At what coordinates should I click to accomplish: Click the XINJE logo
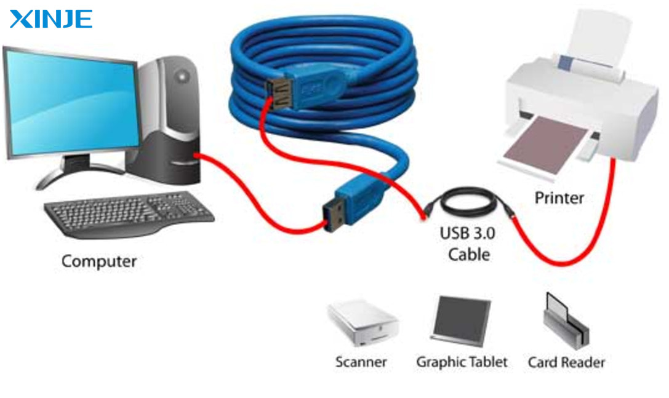click(x=51, y=18)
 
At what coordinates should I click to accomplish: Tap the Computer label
click(x=98, y=261)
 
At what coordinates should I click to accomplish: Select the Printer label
click(x=559, y=198)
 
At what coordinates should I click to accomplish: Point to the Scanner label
click(x=361, y=362)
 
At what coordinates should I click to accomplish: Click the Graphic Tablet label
click(x=462, y=362)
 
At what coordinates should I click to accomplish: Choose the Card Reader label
click(x=566, y=362)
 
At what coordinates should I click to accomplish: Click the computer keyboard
click(x=129, y=213)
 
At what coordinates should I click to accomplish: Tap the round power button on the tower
click(x=182, y=76)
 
